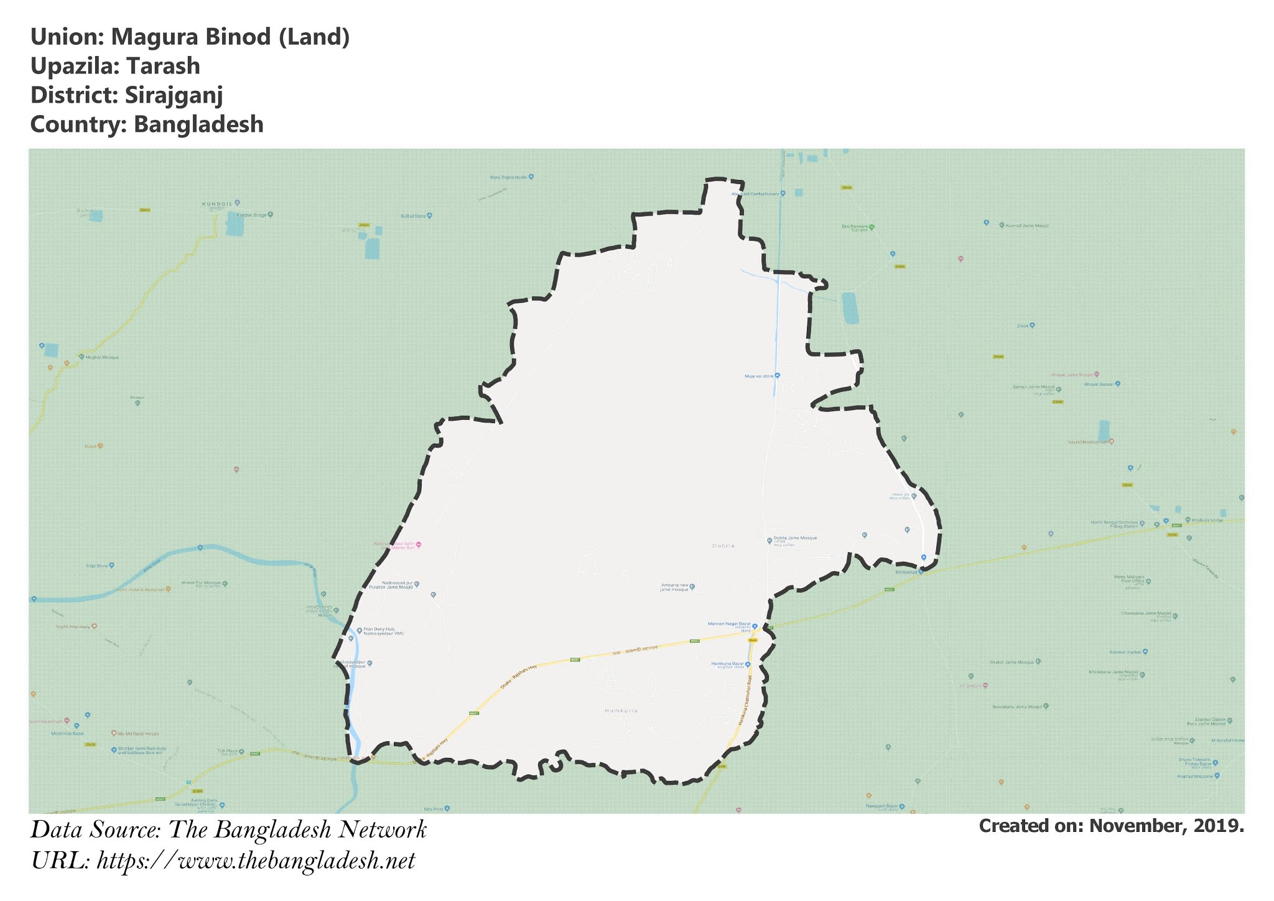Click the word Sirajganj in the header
[174, 95]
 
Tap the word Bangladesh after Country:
[198, 124]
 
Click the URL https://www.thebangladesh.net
[256, 861]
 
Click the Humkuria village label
[621, 710]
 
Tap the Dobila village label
[723, 546]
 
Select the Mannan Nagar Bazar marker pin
[755, 626]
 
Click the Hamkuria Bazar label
[727, 664]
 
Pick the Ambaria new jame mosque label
[674, 587]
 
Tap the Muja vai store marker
[777, 376]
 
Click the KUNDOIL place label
[217, 203]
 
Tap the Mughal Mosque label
[102, 357]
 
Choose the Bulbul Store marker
[429, 216]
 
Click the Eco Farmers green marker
[872, 226]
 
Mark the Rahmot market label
[1125, 652]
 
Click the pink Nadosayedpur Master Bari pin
[419, 545]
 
